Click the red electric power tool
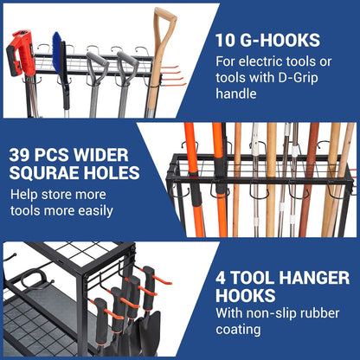click(21, 55)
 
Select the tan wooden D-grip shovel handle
click(161, 52)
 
